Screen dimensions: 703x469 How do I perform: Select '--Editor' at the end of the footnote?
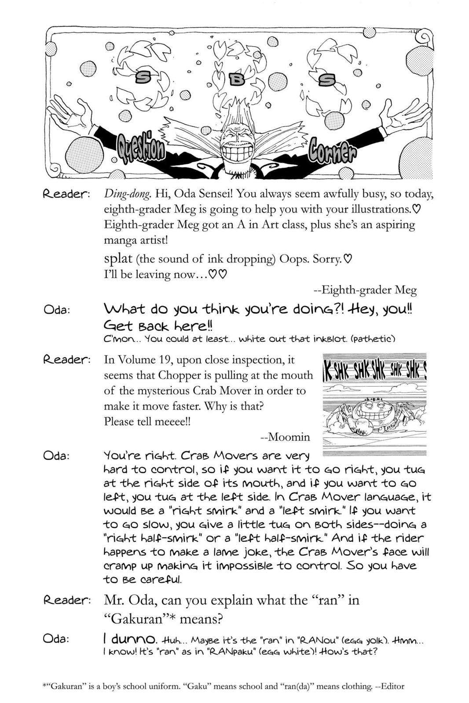389,686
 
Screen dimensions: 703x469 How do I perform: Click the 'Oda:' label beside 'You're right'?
57,456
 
